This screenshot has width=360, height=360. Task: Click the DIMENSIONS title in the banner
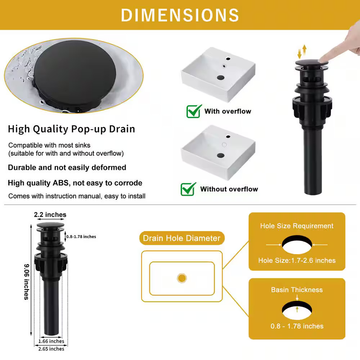180,15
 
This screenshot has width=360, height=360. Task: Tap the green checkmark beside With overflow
194,111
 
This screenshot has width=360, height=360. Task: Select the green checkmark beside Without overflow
188,189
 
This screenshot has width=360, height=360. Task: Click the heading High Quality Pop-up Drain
71,129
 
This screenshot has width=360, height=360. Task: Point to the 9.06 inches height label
27,282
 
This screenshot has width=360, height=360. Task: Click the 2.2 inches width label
50,215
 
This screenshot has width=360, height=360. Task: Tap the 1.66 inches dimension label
51,341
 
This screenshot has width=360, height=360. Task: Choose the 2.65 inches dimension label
51,349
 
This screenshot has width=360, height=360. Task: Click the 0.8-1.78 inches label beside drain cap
81,237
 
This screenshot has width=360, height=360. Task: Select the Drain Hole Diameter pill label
181,238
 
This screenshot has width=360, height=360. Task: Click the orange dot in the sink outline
182,278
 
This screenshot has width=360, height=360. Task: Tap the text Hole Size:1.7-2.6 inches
297,260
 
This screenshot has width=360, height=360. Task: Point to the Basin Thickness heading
297,290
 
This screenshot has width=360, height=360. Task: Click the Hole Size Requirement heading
297,226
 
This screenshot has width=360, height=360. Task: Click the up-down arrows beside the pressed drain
302,51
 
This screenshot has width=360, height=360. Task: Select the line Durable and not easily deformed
67,167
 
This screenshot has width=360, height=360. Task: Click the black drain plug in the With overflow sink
221,78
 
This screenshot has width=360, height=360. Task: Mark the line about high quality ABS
75,183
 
